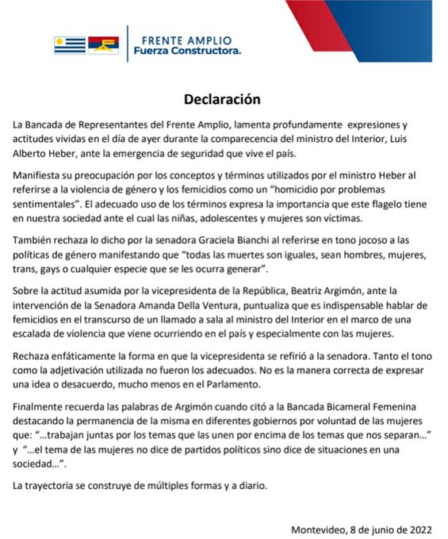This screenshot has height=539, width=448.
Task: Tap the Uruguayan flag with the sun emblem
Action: pos(69,45)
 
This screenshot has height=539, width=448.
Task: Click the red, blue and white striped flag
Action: pos(103,45)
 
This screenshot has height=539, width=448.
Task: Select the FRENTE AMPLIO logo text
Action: pos(186,39)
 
